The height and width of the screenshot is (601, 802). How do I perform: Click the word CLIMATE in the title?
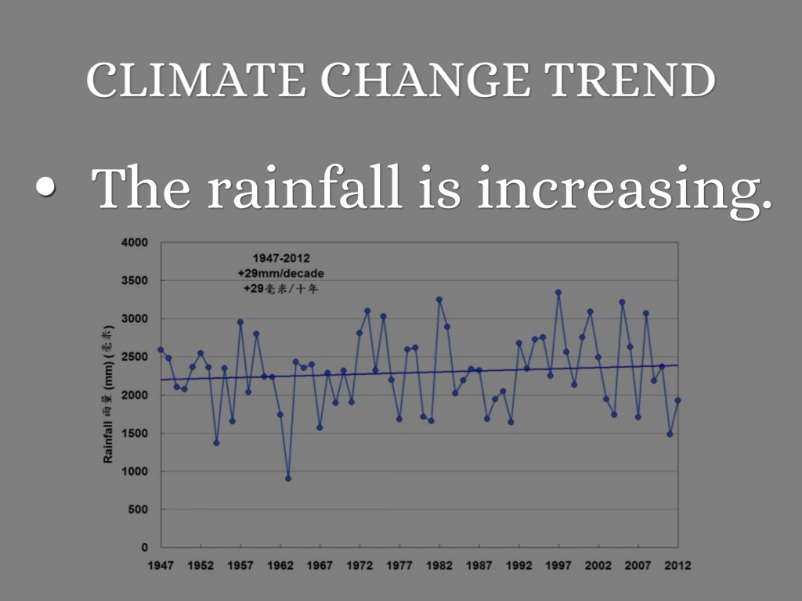coord(196,80)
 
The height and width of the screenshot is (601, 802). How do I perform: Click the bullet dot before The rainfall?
coord(46,188)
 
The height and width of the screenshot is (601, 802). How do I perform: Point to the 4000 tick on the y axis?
coord(135,243)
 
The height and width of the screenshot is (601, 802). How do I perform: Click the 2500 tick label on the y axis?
coord(135,357)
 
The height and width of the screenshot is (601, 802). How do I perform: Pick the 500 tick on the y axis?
coord(139,509)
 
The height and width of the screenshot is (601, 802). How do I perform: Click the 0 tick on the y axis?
coord(145,548)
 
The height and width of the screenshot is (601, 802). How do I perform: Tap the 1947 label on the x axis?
coord(161,565)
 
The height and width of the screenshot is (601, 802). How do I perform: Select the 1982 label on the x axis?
coord(439,565)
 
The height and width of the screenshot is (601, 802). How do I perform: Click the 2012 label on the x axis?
coord(678,565)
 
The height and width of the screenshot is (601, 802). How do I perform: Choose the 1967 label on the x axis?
coord(320,565)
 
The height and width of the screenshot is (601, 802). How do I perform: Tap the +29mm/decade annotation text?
coord(280,273)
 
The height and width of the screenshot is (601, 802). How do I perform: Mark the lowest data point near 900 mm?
coord(288,478)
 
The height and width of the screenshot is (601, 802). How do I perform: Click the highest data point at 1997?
coord(558,293)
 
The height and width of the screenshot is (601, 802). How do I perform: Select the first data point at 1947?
coord(161,350)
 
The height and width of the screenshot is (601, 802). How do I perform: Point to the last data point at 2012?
coord(678,400)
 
